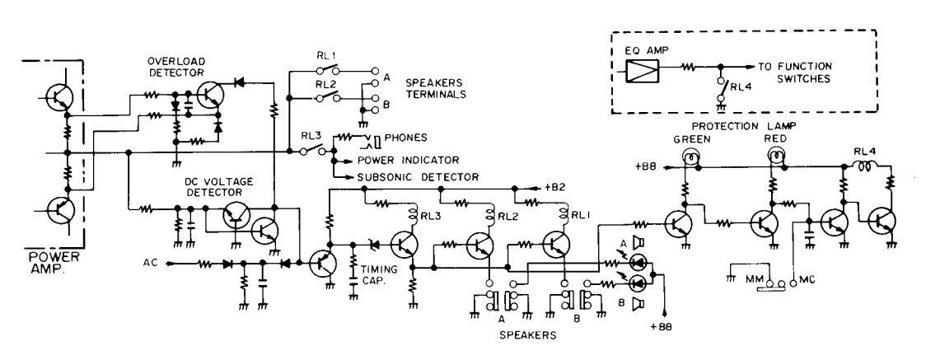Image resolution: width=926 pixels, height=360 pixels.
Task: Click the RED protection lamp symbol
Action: [x=774, y=152]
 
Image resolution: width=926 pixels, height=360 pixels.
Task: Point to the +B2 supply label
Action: [x=558, y=188]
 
